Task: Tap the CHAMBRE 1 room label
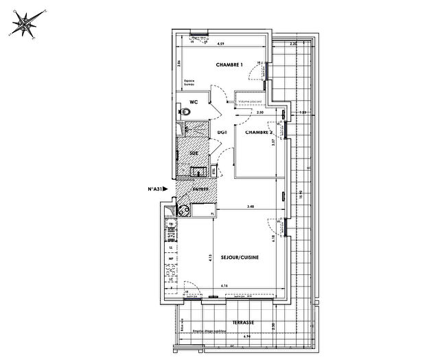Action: [x=229, y=65]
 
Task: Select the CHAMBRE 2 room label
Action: [x=259, y=133]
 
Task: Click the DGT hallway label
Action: [x=222, y=132]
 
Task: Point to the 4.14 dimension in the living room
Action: [x=224, y=285]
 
